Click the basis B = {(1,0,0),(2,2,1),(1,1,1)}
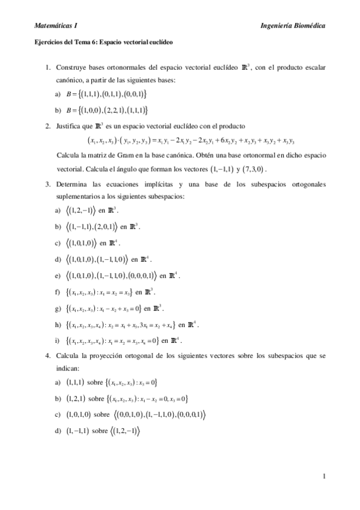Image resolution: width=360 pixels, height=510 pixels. coord(106,110)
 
